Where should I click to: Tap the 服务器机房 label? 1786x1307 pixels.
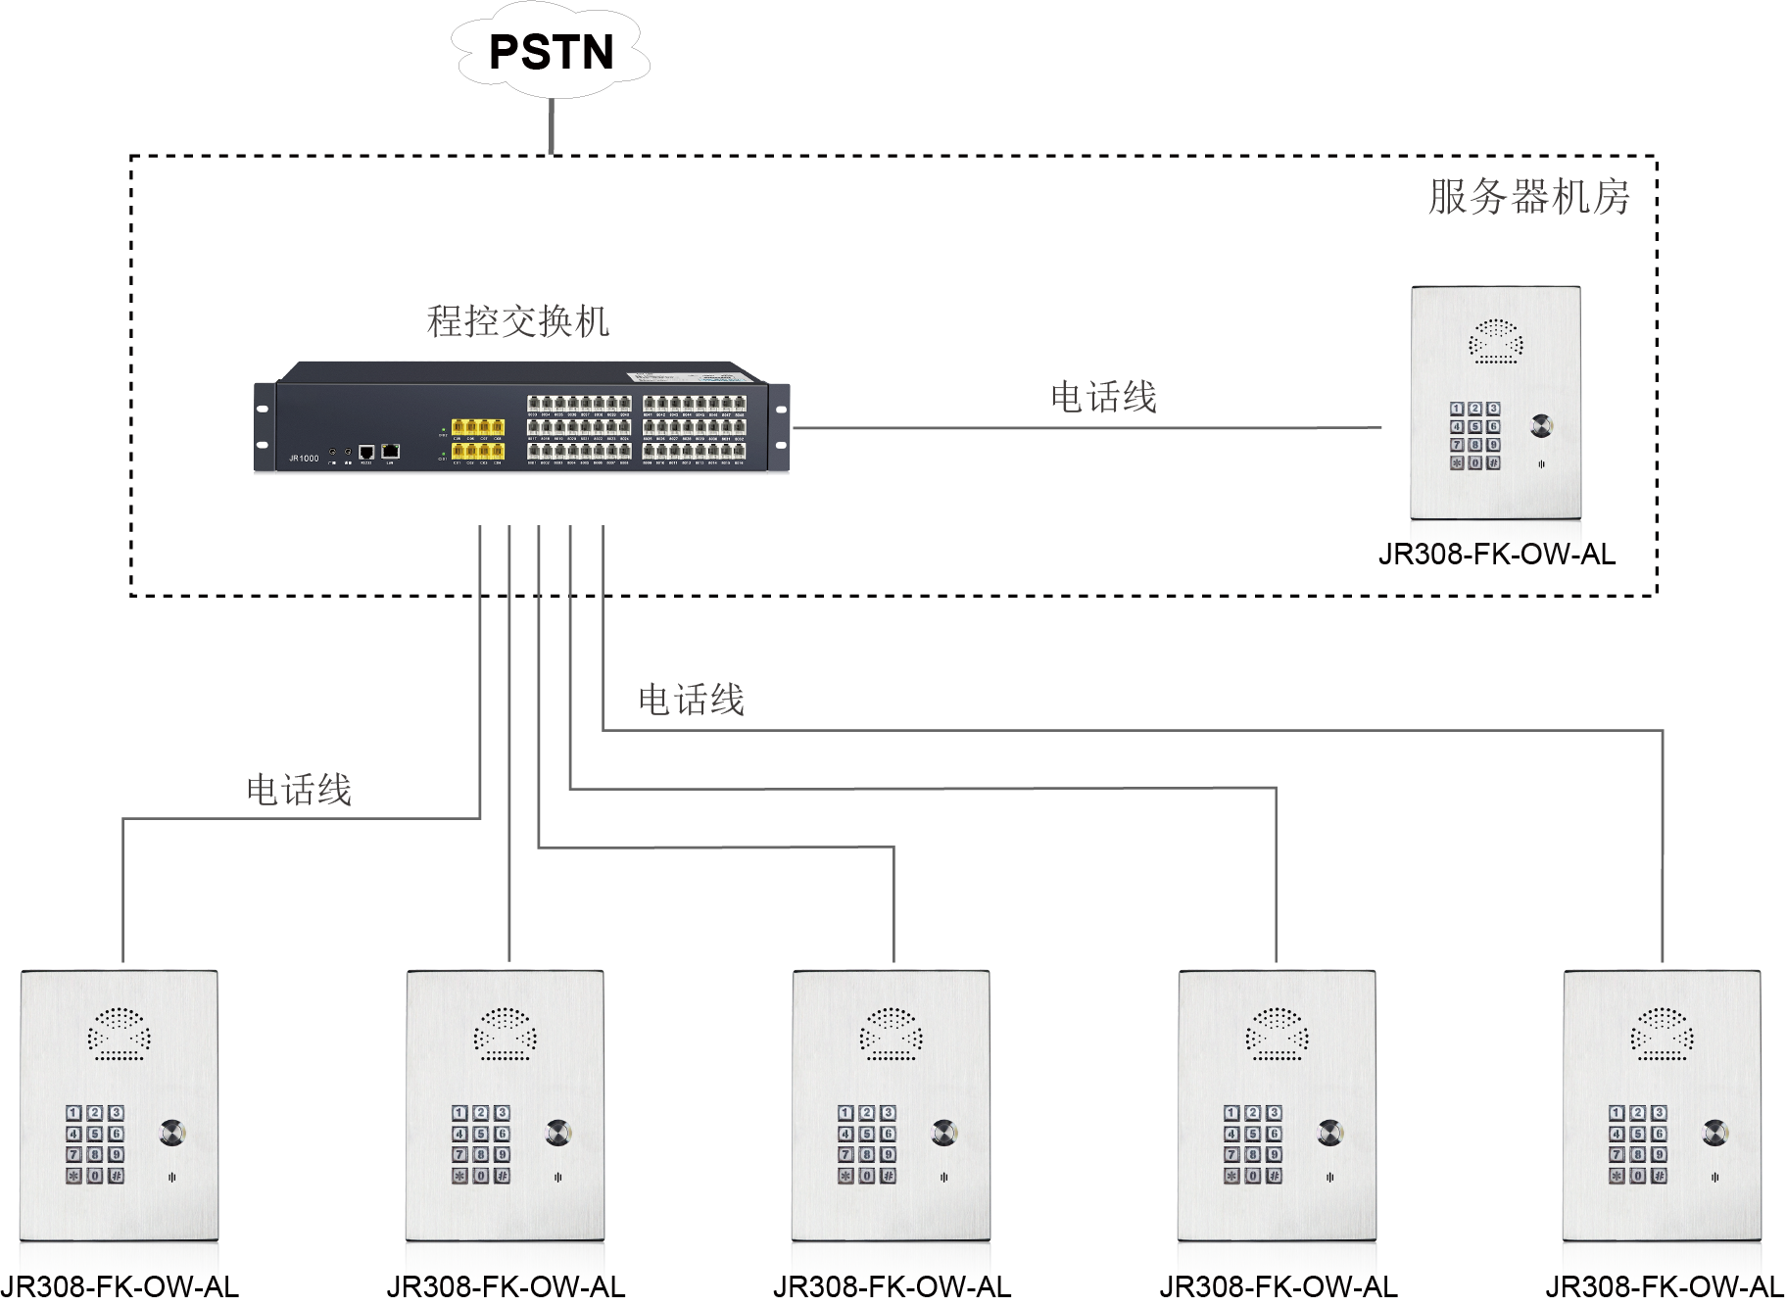(x=1528, y=197)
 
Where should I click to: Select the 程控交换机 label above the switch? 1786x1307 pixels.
(x=518, y=321)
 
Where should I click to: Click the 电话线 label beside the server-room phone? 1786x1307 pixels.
(x=1103, y=397)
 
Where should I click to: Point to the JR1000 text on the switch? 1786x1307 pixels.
(x=304, y=458)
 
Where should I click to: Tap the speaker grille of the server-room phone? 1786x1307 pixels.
(x=1496, y=340)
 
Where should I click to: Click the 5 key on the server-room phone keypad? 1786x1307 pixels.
(x=1474, y=427)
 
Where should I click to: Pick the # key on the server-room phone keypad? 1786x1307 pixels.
(x=1493, y=462)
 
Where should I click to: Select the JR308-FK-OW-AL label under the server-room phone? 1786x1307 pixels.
(x=1496, y=555)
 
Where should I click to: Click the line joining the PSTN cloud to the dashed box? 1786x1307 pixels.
(x=552, y=125)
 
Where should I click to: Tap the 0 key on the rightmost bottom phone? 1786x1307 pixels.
(x=1638, y=1176)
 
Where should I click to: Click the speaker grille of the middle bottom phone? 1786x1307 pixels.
(x=891, y=1035)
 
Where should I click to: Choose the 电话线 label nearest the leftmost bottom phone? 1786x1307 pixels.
(x=299, y=790)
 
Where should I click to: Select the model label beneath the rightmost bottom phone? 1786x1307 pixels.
(x=1665, y=1286)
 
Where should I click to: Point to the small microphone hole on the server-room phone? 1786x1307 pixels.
(x=1540, y=464)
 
